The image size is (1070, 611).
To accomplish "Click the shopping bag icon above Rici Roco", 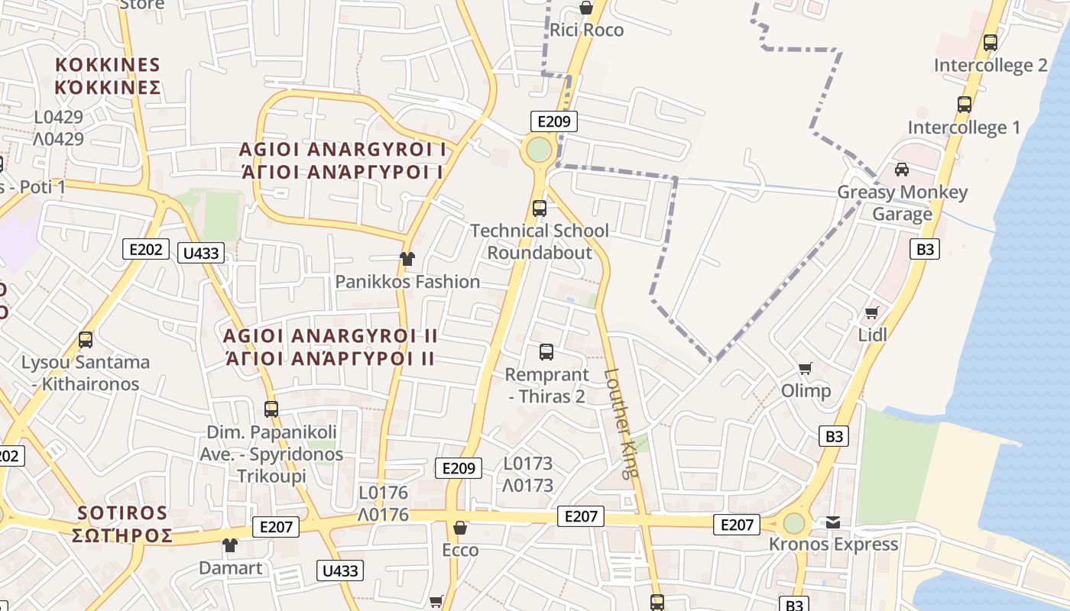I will (585, 8).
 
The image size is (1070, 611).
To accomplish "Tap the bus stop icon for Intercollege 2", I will (991, 43).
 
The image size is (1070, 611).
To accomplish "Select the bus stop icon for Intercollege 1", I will (965, 105).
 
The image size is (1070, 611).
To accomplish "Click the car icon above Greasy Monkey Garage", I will (902, 170).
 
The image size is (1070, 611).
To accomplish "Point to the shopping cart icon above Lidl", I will (871, 312).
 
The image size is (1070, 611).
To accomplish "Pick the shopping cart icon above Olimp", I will (805, 369).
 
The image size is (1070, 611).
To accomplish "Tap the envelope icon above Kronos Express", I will (833, 522).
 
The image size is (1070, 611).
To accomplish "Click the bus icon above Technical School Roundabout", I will (540, 208).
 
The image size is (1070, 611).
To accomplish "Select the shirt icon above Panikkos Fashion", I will (407, 259).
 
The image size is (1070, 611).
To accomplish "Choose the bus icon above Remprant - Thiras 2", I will (546, 352).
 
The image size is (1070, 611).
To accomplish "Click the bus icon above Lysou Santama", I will (86, 340).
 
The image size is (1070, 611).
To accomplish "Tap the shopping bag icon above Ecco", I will (460, 528).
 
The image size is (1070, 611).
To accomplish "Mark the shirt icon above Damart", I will (230, 545).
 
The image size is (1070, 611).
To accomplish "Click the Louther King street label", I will (621, 424).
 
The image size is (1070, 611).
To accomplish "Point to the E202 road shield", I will (145, 248).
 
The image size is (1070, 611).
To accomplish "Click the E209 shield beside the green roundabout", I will (554, 121).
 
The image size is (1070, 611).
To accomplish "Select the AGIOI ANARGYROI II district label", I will (330, 347).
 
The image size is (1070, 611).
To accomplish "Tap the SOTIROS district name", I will (123, 524).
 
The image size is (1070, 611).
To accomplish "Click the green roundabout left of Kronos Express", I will (794, 524).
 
